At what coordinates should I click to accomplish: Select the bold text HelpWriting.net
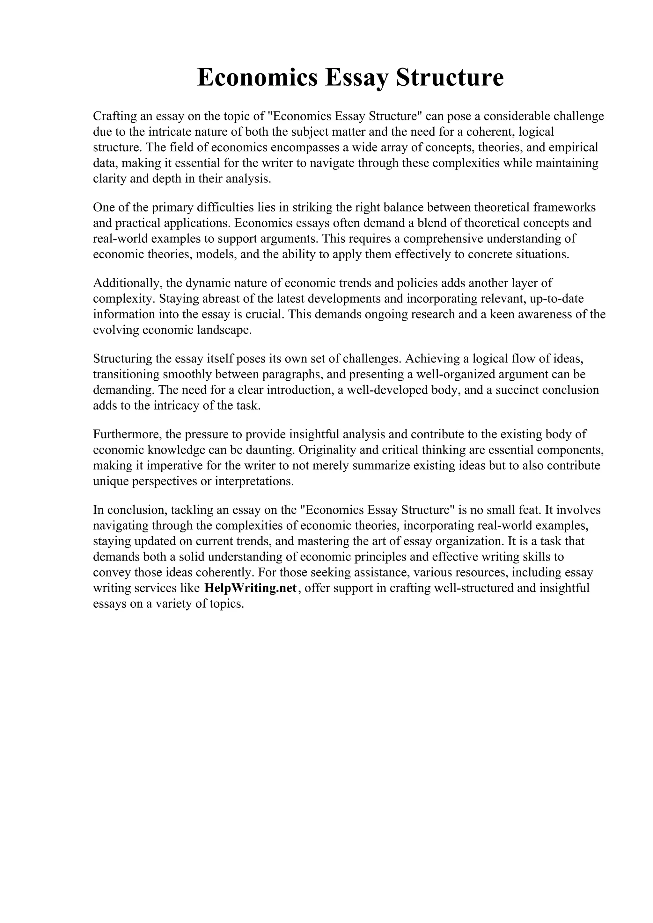coord(250,588)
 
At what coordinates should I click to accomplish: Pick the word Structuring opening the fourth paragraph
coord(124,359)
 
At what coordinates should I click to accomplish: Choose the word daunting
coord(267,450)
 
